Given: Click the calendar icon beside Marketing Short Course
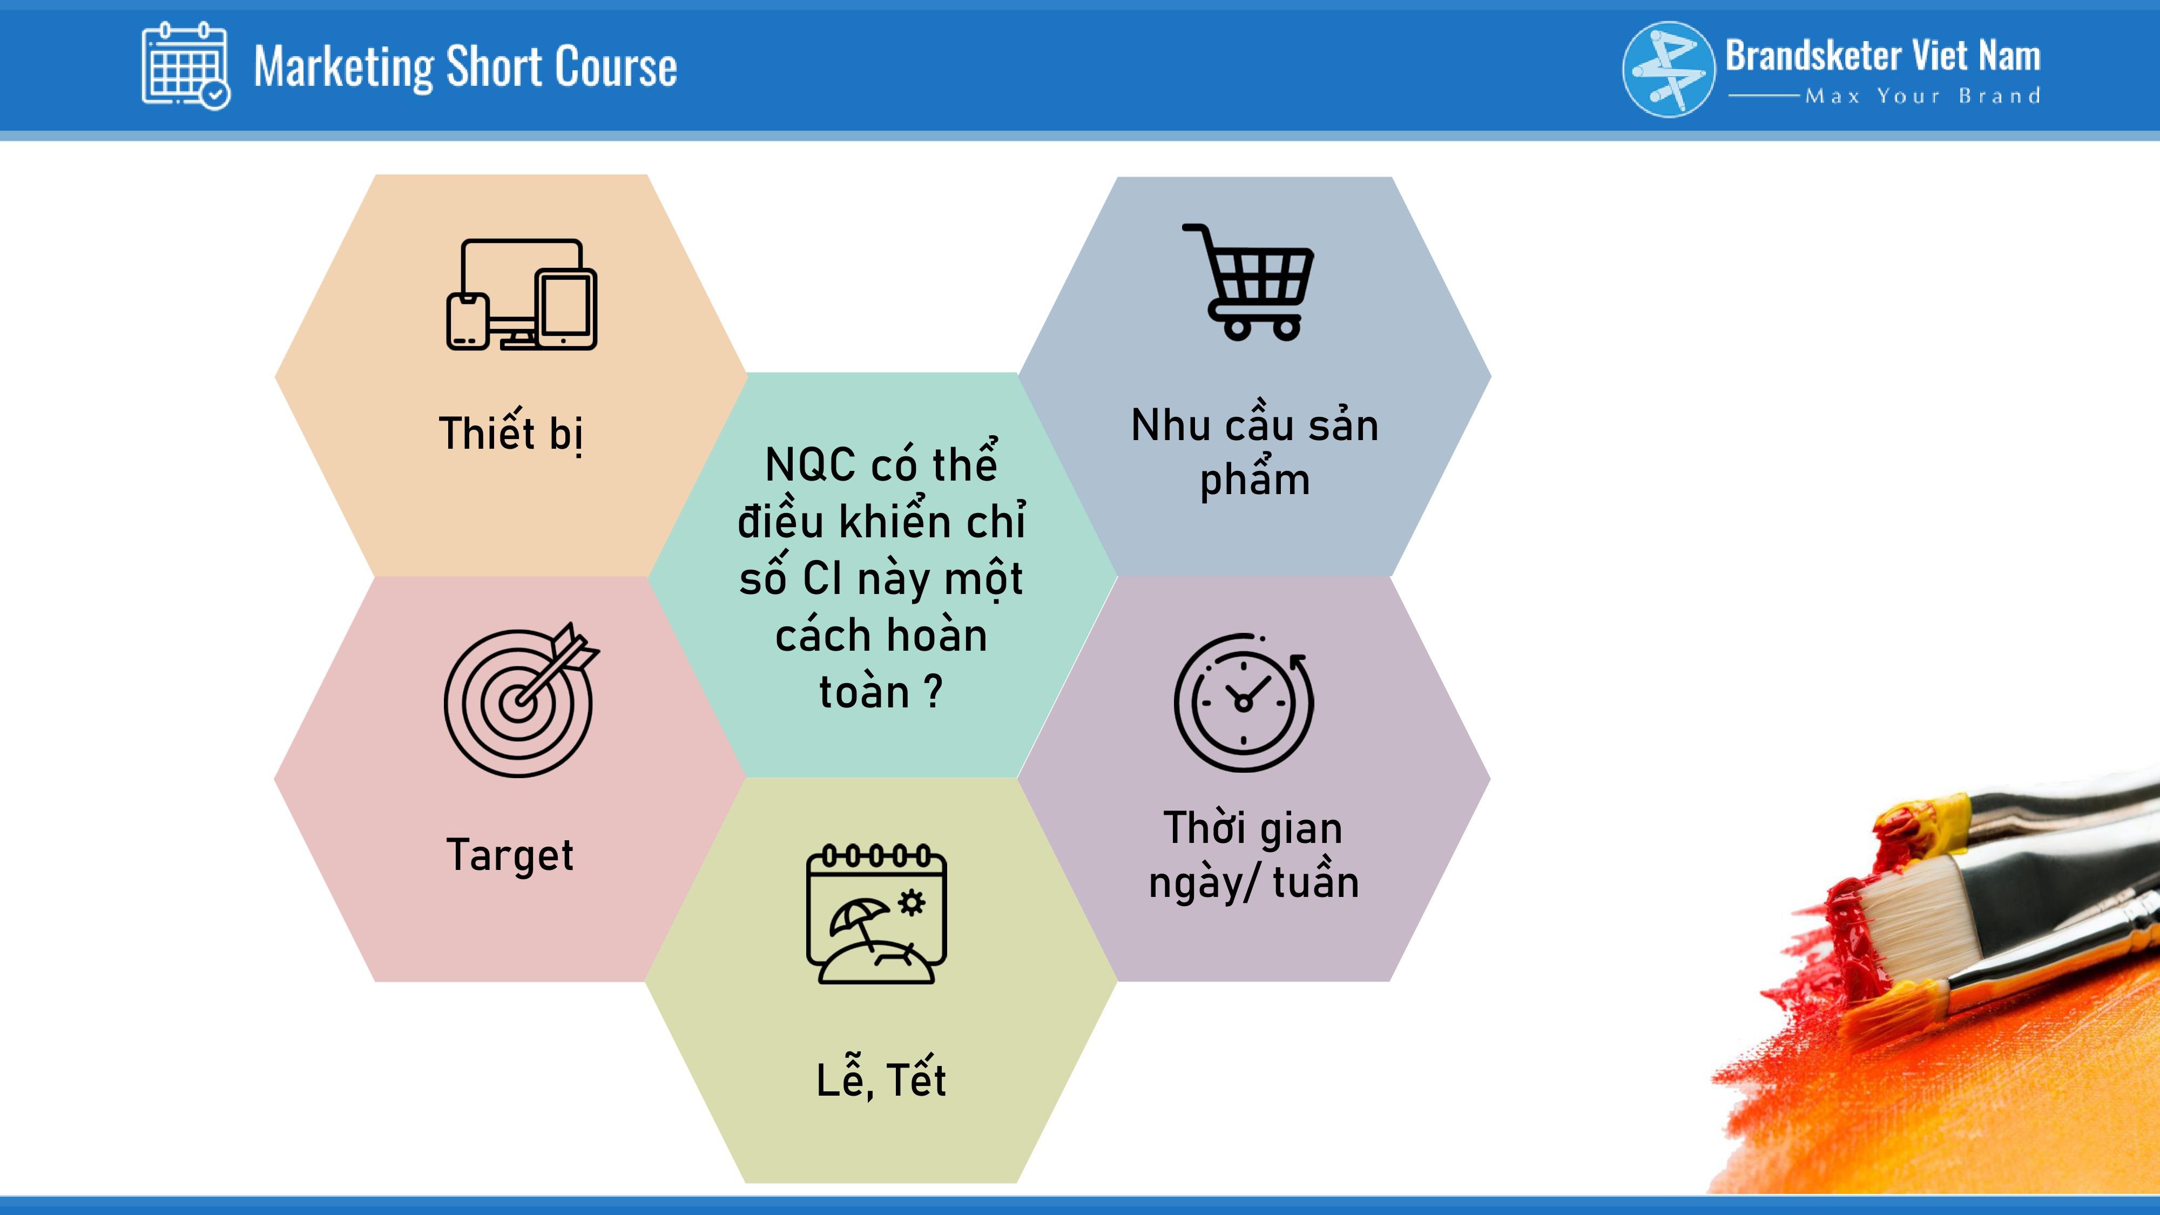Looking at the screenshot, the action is click(185, 65).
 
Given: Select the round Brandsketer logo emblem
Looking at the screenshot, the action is click(1669, 69).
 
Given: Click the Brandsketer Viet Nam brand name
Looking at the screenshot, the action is click(1882, 56).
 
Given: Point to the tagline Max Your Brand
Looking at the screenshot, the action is click(1923, 97).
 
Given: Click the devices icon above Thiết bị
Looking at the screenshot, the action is click(522, 294).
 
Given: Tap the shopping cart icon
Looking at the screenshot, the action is click(1248, 282).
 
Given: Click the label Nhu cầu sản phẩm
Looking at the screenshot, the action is click(1254, 451).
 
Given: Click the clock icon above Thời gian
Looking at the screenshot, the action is click(1244, 703).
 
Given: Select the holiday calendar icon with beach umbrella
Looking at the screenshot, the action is click(876, 914).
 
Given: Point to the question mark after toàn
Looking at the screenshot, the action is click(933, 692).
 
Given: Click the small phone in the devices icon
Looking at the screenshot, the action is click(467, 321).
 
